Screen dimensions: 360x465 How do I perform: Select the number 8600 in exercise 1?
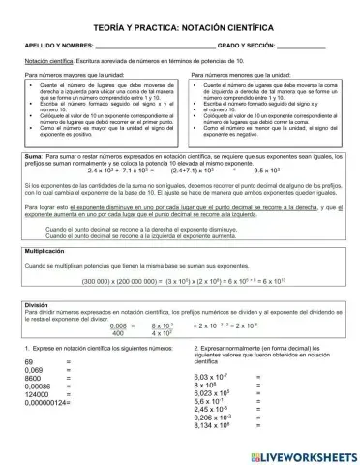[x=34, y=379]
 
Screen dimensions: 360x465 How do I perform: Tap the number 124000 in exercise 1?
[x=38, y=394]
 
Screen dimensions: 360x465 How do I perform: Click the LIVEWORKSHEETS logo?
[x=296, y=450]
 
